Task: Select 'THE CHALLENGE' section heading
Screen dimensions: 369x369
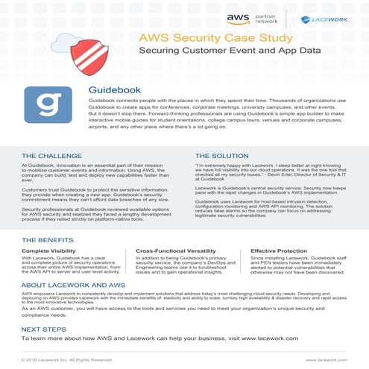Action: pos(52,156)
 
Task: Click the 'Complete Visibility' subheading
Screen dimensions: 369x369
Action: pos(51,252)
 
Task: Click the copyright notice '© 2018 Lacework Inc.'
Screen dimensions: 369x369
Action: pos(66,359)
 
